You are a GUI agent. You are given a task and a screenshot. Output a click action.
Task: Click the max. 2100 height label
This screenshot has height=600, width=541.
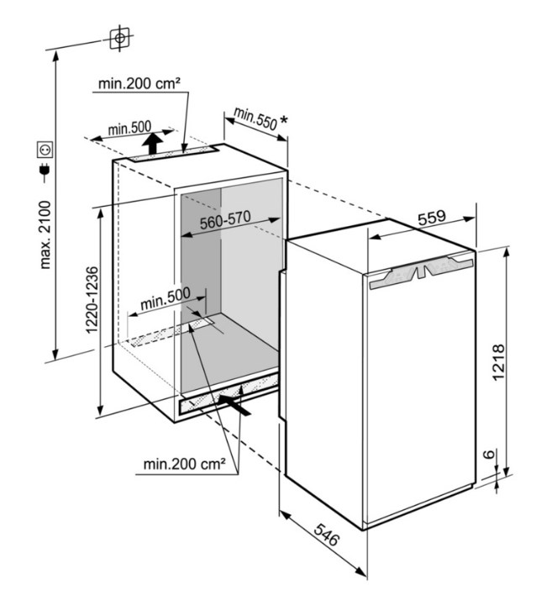(x=45, y=234)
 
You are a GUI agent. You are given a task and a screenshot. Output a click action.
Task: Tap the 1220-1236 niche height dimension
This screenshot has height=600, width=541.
(x=92, y=300)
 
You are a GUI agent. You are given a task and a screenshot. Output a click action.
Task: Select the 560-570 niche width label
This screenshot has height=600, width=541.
(x=225, y=220)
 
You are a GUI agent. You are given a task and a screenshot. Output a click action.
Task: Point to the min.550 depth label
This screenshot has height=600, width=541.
(x=255, y=118)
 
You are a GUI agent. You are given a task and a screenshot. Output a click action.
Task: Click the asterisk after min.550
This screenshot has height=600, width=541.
(x=283, y=120)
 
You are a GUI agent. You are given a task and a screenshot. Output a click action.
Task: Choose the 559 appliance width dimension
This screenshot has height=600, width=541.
(x=432, y=218)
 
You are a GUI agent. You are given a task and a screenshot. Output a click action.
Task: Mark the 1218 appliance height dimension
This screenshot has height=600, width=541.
(x=498, y=362)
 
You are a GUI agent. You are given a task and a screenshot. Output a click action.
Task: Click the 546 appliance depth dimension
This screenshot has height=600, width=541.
(x=326, y=534)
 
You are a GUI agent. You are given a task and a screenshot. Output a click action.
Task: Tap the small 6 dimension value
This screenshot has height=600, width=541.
(x=489, y=455)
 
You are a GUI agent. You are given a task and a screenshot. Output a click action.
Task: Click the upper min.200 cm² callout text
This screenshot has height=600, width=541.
(x=139, y=83)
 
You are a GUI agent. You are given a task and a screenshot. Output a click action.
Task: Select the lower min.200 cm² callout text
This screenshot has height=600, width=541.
(x=184, y=464)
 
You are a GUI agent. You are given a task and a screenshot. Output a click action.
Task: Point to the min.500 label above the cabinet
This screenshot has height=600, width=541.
(x=129, y=128)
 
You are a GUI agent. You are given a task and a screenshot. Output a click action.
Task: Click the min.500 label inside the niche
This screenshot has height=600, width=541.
(x=165, y=298)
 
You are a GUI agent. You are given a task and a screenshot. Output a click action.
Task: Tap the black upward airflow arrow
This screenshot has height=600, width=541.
(x=152, y=143)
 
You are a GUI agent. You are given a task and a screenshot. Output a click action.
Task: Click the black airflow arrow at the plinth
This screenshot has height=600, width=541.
(x=235, y=405)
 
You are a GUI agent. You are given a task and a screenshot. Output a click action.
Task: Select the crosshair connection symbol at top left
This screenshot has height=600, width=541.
(x=120, y=38)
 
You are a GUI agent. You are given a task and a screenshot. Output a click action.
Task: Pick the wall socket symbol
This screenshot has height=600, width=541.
(x=45, y=150)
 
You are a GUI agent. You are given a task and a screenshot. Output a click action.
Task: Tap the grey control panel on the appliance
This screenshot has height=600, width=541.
(x=421, y=273)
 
